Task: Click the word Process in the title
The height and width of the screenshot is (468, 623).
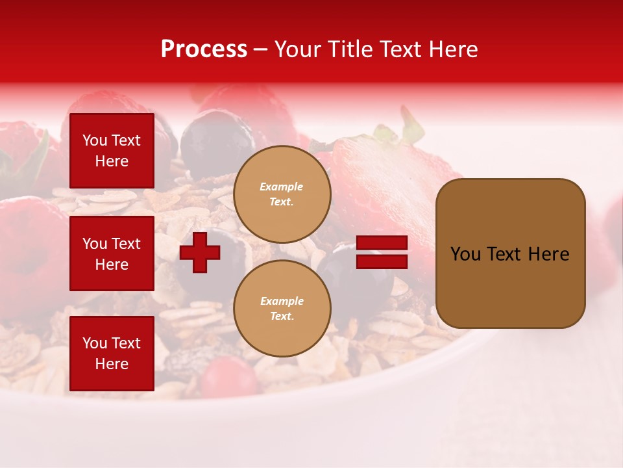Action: click(204, 49)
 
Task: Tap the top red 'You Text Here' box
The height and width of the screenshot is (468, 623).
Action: click(112, 151)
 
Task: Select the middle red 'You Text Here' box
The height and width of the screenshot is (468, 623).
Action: click(112, 253)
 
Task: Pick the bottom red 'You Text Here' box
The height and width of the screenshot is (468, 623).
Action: click(112, 354)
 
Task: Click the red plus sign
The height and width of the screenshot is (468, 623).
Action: click(200, 252)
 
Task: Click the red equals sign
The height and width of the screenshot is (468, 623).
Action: click(382, 252)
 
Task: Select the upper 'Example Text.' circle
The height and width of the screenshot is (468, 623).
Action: click(282, 194)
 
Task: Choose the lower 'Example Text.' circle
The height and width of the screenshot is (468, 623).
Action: click(282, 309)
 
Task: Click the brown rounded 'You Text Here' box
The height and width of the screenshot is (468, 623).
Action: click(510, 253)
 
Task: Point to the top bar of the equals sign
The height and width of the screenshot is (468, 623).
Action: click(382, 243)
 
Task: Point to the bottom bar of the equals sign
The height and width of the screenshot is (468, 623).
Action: click(382, 261)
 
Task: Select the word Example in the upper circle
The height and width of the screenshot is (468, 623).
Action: click(282, 187)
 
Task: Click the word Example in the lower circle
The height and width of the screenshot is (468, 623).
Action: click(282, 301)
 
